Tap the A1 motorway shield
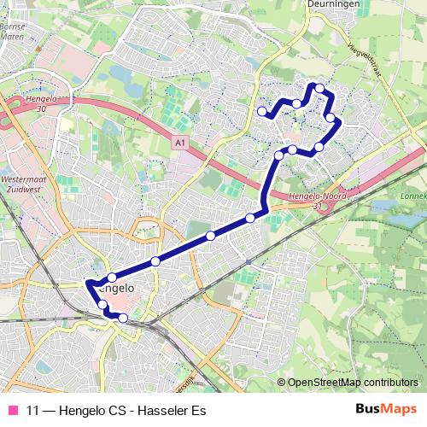[178, 144]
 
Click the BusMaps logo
[386, 410]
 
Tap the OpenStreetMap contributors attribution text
[353, 383]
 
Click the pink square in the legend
[14, 410]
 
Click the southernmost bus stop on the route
[123, 319]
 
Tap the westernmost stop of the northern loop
[262, 111]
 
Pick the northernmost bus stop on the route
[319, 88]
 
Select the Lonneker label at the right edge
[413, 196]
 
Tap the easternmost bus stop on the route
[330, 117]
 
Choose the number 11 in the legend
[33, 410]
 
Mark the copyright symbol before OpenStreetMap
[282, 383]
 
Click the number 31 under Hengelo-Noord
[317, 206]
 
